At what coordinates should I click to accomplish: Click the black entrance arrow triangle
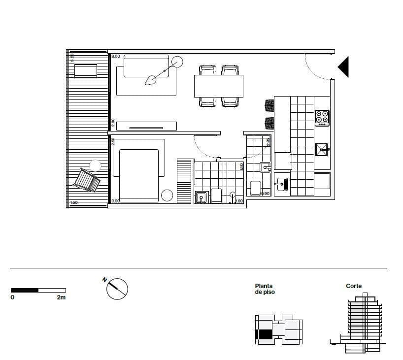(x=344, y=66)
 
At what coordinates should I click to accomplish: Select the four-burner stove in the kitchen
(x=322, y=118)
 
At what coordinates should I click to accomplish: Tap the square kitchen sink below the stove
(x=322, y=149)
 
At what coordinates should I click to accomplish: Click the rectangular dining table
(x=219, y=86)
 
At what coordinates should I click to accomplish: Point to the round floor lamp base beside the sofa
(x=177, y=62)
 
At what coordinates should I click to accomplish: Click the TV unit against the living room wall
(x=146, y=126)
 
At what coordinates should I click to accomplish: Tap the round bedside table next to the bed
(x=167, y=196)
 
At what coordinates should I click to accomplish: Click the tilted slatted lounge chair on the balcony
(x=87, y=181)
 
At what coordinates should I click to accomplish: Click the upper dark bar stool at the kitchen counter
(x=269, y=105)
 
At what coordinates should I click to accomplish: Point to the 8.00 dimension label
(x=116, y=57)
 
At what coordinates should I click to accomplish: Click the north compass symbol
(x=117, y=289)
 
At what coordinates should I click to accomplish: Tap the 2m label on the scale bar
(x=61, y=297)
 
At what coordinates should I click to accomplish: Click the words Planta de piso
(x=265, y=289)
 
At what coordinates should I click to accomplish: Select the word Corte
(x=354, y=286)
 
